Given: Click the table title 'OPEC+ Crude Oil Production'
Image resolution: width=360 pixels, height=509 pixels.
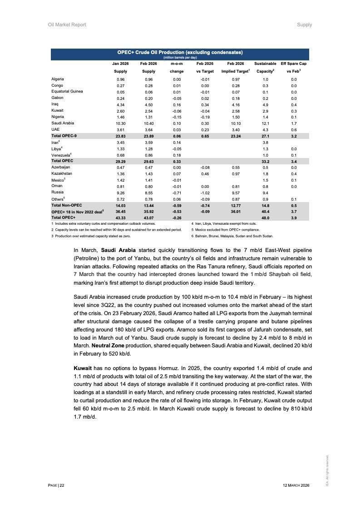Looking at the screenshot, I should (180, 52).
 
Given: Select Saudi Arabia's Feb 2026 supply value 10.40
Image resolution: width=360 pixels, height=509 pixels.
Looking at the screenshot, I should (148, 123).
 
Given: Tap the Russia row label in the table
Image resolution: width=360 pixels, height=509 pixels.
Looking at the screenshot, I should (58, 192).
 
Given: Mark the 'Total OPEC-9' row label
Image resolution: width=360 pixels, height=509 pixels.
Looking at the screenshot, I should (64, 136).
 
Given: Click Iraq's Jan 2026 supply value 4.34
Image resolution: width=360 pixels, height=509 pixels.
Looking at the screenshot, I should (120, 104).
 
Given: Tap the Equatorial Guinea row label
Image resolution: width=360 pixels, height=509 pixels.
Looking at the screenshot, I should (67, 91).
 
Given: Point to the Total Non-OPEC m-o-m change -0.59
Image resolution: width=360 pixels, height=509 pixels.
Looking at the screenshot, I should (177, 205).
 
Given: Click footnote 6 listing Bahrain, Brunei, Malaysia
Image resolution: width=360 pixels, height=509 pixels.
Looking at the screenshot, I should (232, 236).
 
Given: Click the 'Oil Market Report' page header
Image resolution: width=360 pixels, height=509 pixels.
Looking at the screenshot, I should (67, 25).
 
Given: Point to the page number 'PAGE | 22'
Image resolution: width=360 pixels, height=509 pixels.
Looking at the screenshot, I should (56, 486).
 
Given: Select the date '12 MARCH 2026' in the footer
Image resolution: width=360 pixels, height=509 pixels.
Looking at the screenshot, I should (296, 486).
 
